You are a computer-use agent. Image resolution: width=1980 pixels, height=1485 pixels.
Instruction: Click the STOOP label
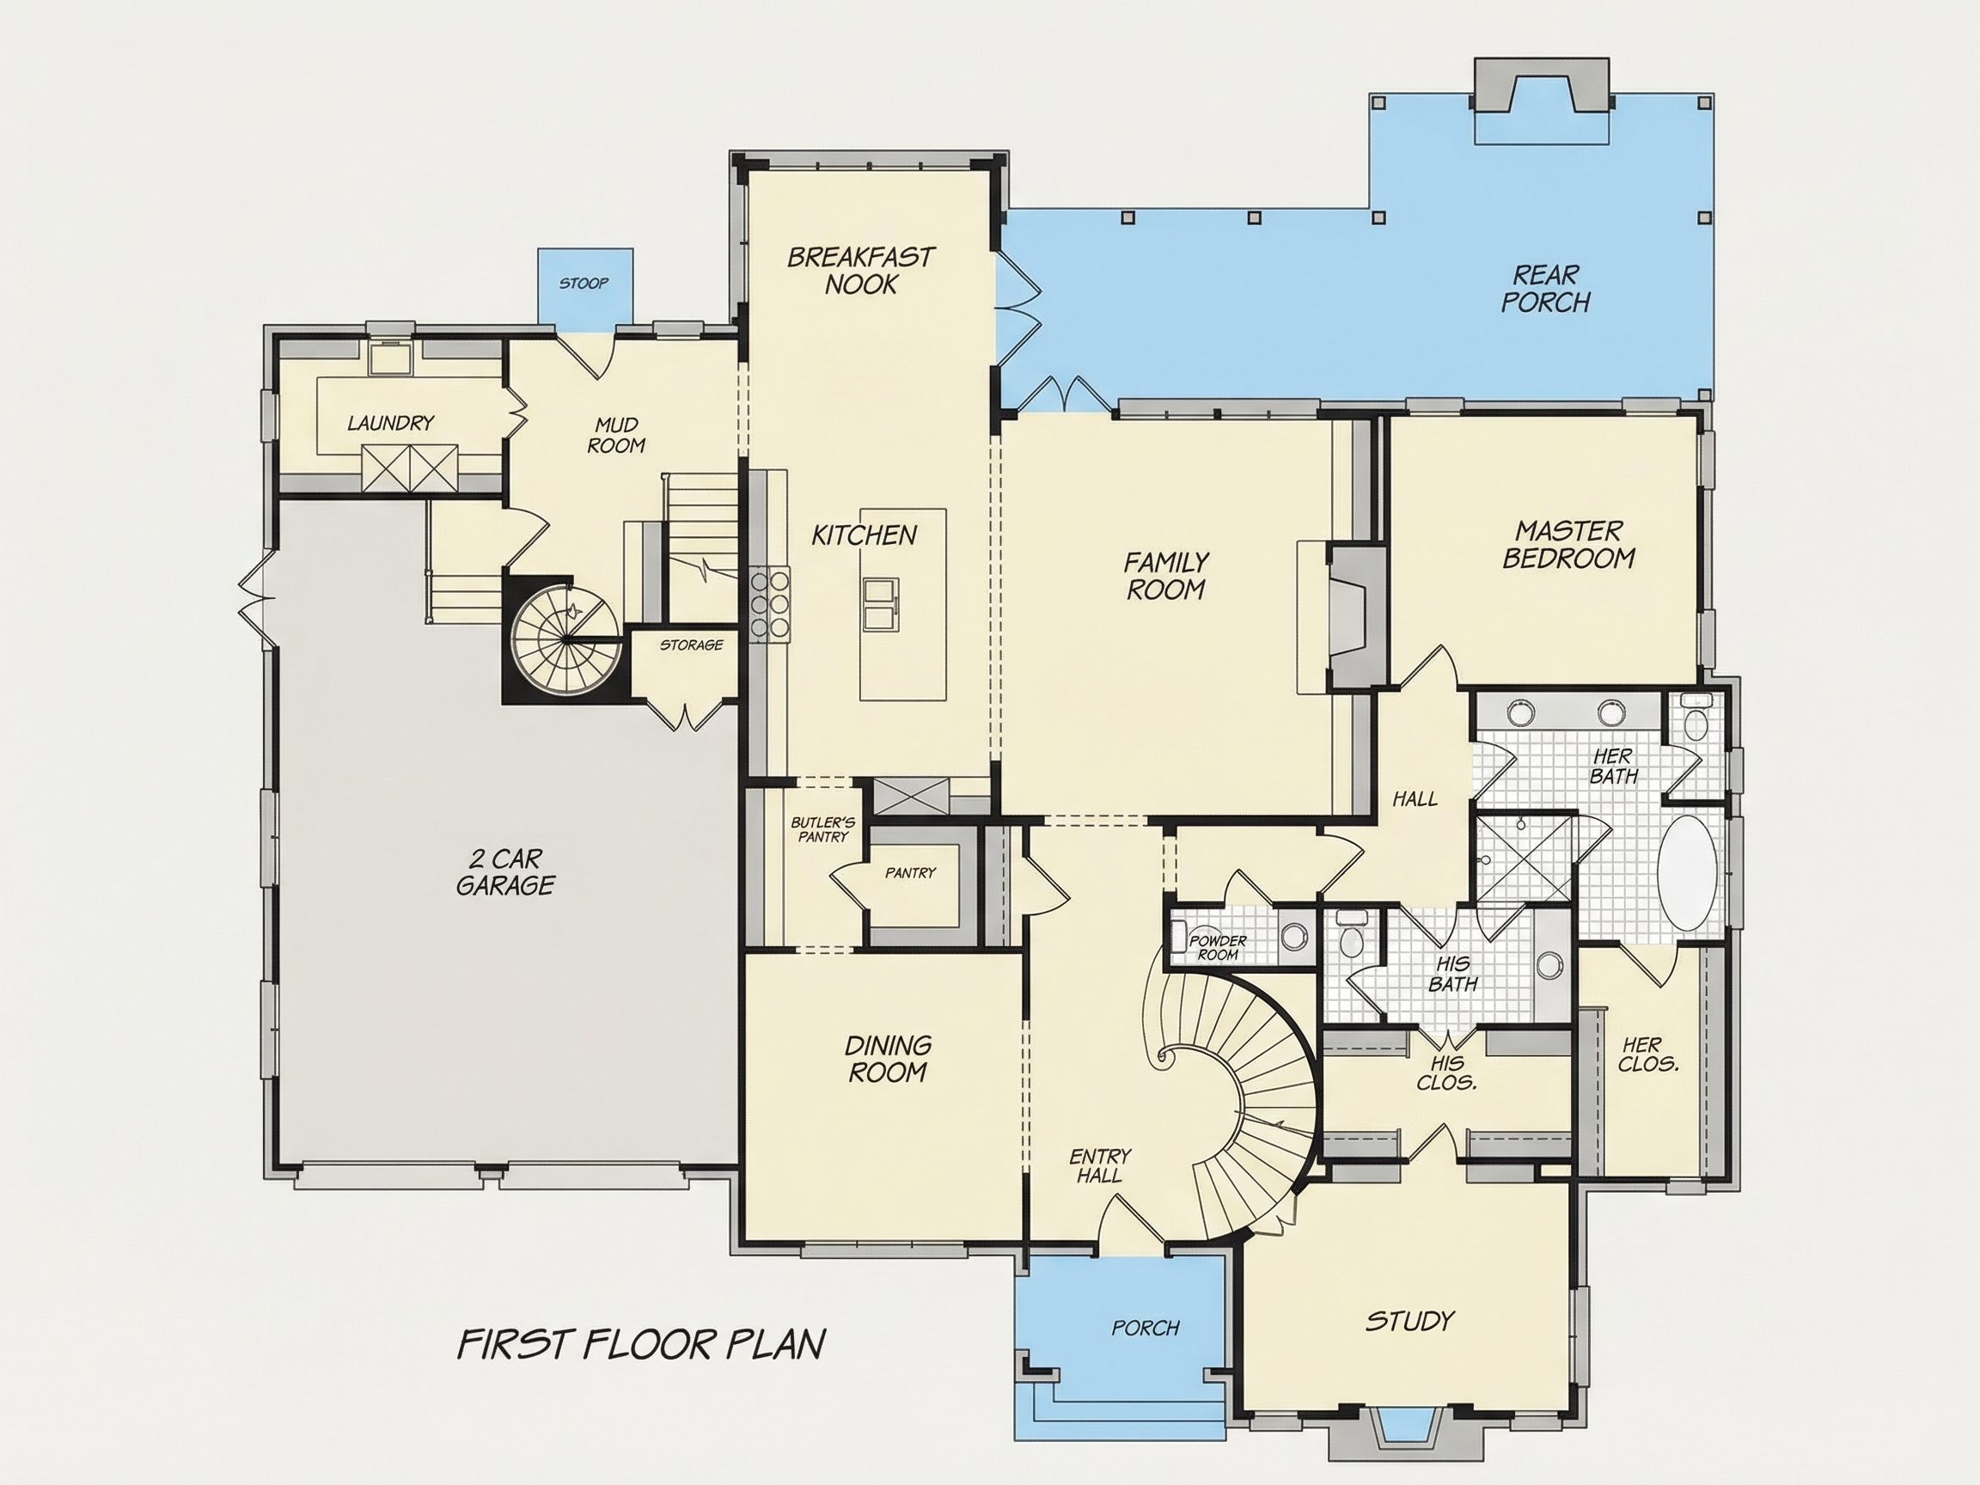click(x=584, y=284)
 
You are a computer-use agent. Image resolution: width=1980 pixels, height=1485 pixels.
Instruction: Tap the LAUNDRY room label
click(x=390, y=423)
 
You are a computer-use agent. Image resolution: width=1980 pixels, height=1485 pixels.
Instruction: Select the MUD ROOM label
click(x=616, y=434)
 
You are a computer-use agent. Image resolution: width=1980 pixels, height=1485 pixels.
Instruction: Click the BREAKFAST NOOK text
click(x=860, y=272)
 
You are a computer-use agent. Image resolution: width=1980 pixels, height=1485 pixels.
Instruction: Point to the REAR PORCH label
click(x=1546, y=288)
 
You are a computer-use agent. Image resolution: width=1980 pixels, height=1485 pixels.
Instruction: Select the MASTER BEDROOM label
click(x=1569, y=544)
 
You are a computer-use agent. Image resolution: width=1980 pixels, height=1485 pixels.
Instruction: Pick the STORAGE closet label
click(x=691, y=645)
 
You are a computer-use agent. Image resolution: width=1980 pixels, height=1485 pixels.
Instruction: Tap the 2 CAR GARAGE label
click(x=505, y=872)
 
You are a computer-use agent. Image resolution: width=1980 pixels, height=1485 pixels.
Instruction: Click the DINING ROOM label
click(x=888, y=1058)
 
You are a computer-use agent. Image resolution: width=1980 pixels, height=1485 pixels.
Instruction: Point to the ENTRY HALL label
click(x=1100, y=1166)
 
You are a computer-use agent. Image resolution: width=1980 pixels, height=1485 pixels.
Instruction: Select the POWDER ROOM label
click(x=1218, y=947)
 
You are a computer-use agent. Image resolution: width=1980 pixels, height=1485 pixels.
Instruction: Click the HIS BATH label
click(x=1453, y=974)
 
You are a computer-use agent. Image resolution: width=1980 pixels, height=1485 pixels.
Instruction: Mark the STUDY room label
click(x=1410, y=1321)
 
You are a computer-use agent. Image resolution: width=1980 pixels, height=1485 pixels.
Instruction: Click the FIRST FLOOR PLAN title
click(x=641, y=1344)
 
